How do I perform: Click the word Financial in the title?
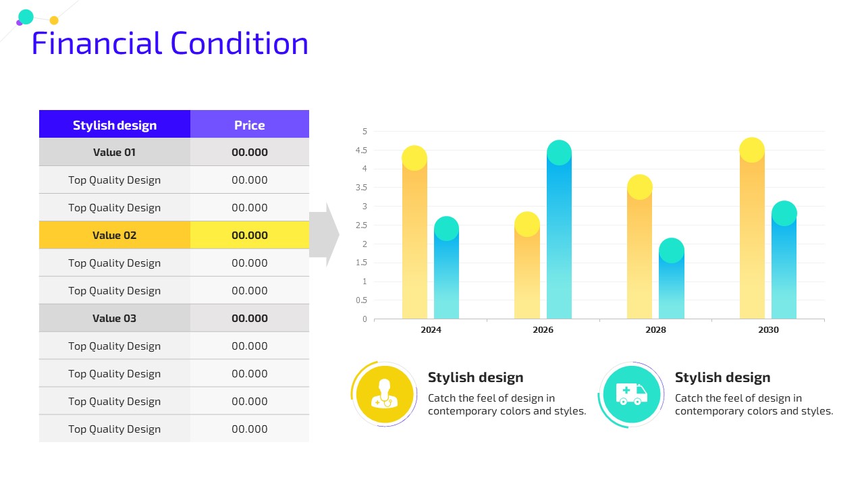97,43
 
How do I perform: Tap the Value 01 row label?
115,152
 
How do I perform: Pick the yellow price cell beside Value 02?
250,235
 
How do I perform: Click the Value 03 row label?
115,318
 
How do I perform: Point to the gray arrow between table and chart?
324,234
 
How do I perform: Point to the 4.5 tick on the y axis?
361,150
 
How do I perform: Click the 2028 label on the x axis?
655,330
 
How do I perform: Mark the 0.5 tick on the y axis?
361,300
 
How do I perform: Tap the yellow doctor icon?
385,394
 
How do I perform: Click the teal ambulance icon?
631,394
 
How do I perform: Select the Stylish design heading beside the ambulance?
722,377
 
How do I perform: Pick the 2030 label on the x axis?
768,330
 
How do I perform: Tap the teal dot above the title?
26,17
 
